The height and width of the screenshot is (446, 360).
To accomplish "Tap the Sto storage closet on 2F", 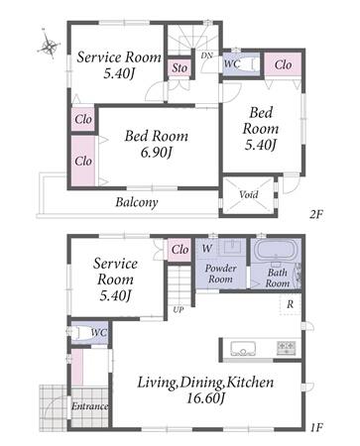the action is tap(180, 68).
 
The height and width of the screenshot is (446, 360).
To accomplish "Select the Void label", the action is tap(249, 194).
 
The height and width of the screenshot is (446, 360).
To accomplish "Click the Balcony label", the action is tap(137, 202).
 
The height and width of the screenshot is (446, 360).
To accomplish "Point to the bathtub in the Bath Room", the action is tap(276, 251).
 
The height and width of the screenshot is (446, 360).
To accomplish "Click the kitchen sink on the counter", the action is tap(244, 349).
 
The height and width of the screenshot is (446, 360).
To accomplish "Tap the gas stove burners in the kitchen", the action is tap(286, 348).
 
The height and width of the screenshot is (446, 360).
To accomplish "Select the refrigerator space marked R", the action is tap(290, 304).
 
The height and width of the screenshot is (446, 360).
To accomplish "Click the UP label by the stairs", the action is tap(179, 310).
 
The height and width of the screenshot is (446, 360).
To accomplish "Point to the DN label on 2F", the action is tap(206, 56).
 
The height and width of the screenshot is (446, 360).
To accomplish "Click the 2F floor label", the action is tap(315, 214).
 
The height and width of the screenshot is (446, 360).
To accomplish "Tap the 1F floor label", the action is tap(316, 427).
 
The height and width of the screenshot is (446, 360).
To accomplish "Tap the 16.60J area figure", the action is tap(205, 398).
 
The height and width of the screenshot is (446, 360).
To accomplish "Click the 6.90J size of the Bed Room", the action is tap(157, 153).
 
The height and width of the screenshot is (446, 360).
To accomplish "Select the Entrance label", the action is tap(90, 406).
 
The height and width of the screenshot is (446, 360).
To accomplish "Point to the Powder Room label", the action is tap(220, 274).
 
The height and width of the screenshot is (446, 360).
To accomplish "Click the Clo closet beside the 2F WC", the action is tap(283, 64).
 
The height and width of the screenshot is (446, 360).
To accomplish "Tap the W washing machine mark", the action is tap(207, 248).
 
